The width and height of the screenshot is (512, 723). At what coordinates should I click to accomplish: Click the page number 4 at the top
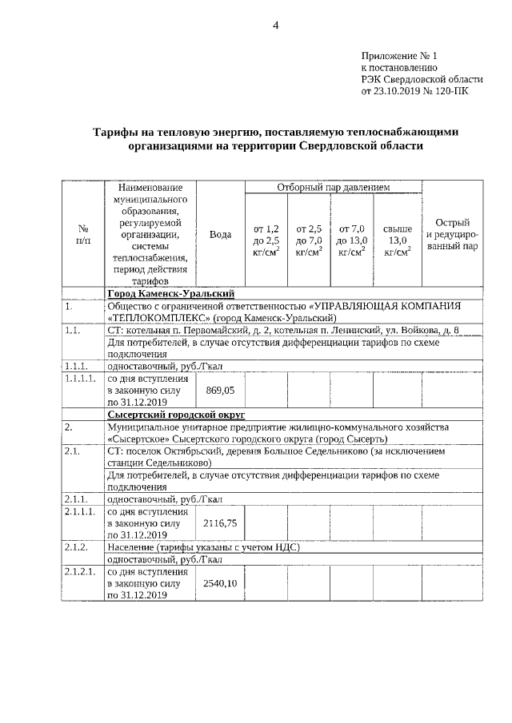click(x=275, y=25)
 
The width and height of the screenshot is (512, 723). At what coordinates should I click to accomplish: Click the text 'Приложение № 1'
click(x=400, y=56)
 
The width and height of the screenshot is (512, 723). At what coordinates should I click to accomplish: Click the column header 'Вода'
click(x=220, y=234)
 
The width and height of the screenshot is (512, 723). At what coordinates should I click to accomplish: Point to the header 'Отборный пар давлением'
click(x=333, y=188)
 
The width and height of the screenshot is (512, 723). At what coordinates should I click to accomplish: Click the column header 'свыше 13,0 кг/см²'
click(x=397, y=240)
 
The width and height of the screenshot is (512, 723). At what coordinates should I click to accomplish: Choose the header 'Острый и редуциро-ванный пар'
click(x=452, y=234)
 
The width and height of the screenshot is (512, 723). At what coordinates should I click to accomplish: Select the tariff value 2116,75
click(x=220, y=522)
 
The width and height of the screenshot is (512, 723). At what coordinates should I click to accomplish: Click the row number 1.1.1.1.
click(x=81, y=379)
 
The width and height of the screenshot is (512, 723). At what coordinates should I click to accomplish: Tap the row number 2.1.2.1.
click(x=81, y=572)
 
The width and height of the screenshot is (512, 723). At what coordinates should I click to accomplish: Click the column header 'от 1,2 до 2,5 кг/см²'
click(x=266, y=240)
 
